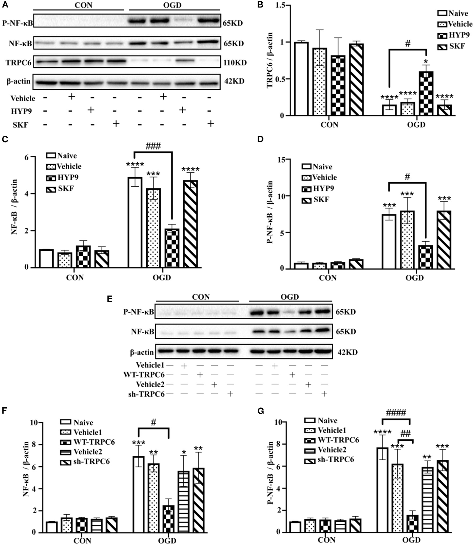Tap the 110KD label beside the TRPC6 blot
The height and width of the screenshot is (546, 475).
click(x=235, y=63)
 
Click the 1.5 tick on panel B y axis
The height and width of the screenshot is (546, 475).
click(x=280, y=6)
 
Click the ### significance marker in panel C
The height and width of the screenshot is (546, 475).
click(x=153, y=146)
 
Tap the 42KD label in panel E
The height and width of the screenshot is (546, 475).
click(x=347, y=352)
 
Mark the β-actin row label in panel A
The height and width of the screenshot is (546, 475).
click(x=18, y=81)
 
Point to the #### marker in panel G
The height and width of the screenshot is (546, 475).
click(x=396, y=412)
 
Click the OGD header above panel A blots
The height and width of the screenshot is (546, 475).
click(x=172, y=5)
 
